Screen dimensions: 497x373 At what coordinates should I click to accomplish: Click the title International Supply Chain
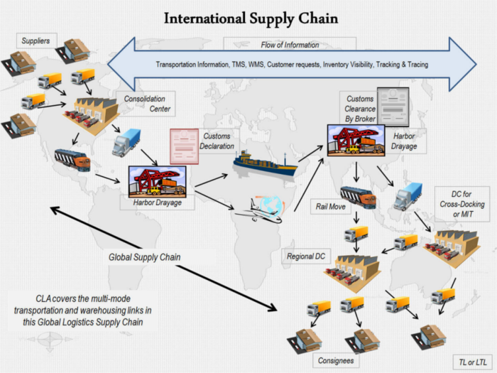(x=251, y=18)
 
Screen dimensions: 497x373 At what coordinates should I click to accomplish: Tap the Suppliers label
(x=35, y=41)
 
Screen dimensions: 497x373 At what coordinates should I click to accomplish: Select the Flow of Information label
(x=290, y=45)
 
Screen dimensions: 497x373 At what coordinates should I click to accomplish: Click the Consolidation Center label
(x=147, y=104)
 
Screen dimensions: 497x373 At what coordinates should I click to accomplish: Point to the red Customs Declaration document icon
(x=184, y=146)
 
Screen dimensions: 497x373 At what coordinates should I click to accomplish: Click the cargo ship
(x=265, y=164)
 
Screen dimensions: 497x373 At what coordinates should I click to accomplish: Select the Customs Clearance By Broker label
(x=360, y=109)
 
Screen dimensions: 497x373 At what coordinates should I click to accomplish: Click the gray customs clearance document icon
(x=393, y=107)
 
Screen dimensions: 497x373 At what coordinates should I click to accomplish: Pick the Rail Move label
(x=331, y=207)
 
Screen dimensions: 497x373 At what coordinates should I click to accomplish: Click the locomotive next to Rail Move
(x=358, y=198)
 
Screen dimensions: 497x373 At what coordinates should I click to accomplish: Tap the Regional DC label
(x=306, y=256)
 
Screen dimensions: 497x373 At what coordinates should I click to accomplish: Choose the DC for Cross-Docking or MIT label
(x=462, y=204)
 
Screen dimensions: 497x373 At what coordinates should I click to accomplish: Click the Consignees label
(x=336, y=361)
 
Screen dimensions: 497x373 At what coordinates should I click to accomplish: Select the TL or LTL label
(x=473, y=362)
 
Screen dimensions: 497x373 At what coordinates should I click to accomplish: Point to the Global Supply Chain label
(x=145, y=257)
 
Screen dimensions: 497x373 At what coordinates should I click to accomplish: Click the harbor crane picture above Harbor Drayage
(x=157, y=181)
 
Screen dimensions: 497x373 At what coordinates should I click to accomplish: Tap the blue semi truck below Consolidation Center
(x=126, y=142)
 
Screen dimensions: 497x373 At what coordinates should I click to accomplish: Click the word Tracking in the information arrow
(x=388, y=65)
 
